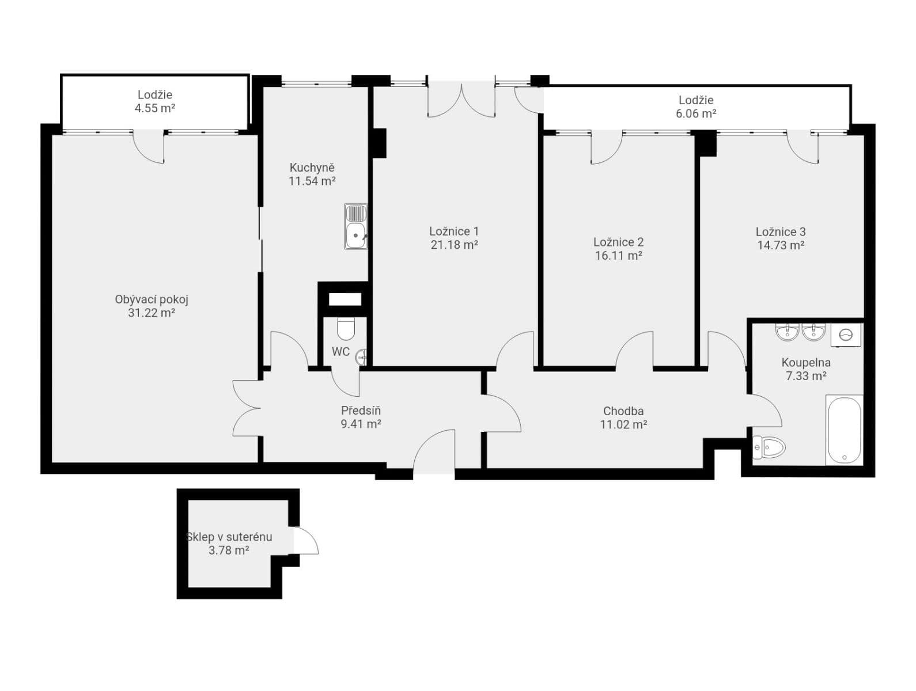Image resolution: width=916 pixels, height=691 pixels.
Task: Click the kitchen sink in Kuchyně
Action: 356,226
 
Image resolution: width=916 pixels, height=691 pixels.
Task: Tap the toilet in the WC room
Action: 346,329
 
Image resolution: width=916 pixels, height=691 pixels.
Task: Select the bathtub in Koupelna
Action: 844,430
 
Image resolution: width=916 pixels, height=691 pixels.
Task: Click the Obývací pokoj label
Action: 152,299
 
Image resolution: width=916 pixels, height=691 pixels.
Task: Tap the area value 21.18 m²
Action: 454,245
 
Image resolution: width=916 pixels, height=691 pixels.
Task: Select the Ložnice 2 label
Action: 618,242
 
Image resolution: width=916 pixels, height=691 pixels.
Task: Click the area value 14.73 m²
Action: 781,245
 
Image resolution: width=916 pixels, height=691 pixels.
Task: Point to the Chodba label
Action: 623,411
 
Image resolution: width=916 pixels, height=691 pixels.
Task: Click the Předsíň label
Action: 361,411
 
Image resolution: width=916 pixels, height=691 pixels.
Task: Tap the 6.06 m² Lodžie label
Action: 696,100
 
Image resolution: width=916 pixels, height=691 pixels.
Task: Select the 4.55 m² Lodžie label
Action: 154,95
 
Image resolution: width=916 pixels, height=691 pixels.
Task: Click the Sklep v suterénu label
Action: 229,537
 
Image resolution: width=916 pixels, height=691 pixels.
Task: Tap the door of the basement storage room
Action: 305,541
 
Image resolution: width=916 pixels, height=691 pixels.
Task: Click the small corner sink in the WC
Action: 361,357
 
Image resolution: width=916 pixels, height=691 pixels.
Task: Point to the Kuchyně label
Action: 312,168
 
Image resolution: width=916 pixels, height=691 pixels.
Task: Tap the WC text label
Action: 340,352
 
